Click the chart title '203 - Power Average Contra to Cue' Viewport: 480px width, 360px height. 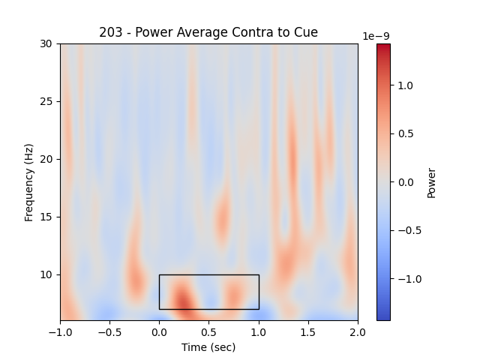point(208,32)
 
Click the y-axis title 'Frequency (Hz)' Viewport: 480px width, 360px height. point(29,182)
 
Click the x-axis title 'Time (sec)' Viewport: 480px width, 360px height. point(208,347)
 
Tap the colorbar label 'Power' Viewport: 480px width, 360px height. point(431,182)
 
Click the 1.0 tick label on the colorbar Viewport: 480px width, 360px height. point(405,85)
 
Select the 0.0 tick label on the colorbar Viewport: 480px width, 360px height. point(405,182)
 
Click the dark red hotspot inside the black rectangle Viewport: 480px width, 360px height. point(182,300)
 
